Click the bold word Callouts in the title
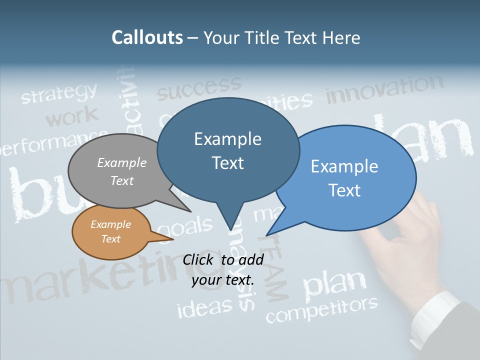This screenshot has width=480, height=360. [x=147, y=37]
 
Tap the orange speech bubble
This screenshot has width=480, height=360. [x=110, y=232]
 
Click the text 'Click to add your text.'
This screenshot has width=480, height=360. [x=223, y=269]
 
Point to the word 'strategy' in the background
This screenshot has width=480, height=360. [x=59, y=93]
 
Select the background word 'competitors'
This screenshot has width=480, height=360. [x=321, y=309]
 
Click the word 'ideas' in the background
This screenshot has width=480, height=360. [x=205, y=307]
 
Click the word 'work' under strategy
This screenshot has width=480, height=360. [x=72, y=117]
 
